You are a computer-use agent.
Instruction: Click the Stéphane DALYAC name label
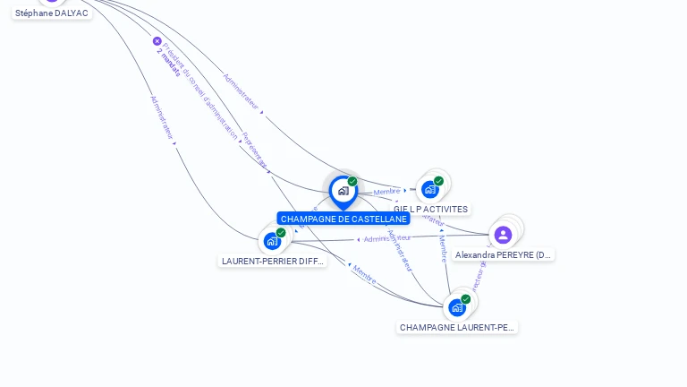pos(52,13)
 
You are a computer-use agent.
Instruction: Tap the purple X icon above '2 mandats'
pos(157,41)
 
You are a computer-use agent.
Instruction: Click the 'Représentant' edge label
pos(255,151)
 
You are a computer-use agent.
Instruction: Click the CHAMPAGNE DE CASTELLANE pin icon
pos(343,191)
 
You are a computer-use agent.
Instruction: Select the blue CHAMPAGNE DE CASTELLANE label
pos(343,219)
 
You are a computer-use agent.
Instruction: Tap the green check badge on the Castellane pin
pos(352,181)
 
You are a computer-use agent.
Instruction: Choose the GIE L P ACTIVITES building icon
pos(430,189)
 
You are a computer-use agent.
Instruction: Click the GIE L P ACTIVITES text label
pos(430,209)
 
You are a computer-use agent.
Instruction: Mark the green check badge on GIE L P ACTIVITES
pos(438,180)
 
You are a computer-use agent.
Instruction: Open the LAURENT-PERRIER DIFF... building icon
pos(272,241)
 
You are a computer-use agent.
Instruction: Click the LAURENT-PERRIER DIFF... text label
pos(273,261)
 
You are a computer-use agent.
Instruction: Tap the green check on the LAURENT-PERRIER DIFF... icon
pos(281,233)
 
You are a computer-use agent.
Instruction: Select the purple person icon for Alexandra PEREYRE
pos(503,235)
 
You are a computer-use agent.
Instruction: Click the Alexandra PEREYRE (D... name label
pos(503,254)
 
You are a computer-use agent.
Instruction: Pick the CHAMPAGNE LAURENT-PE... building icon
pos(457,307)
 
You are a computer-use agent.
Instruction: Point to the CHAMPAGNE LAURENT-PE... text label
pos(457,327)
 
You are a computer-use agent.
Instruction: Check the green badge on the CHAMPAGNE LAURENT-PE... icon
pos(465,299)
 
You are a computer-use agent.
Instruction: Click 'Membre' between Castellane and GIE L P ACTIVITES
pos(386,192)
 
